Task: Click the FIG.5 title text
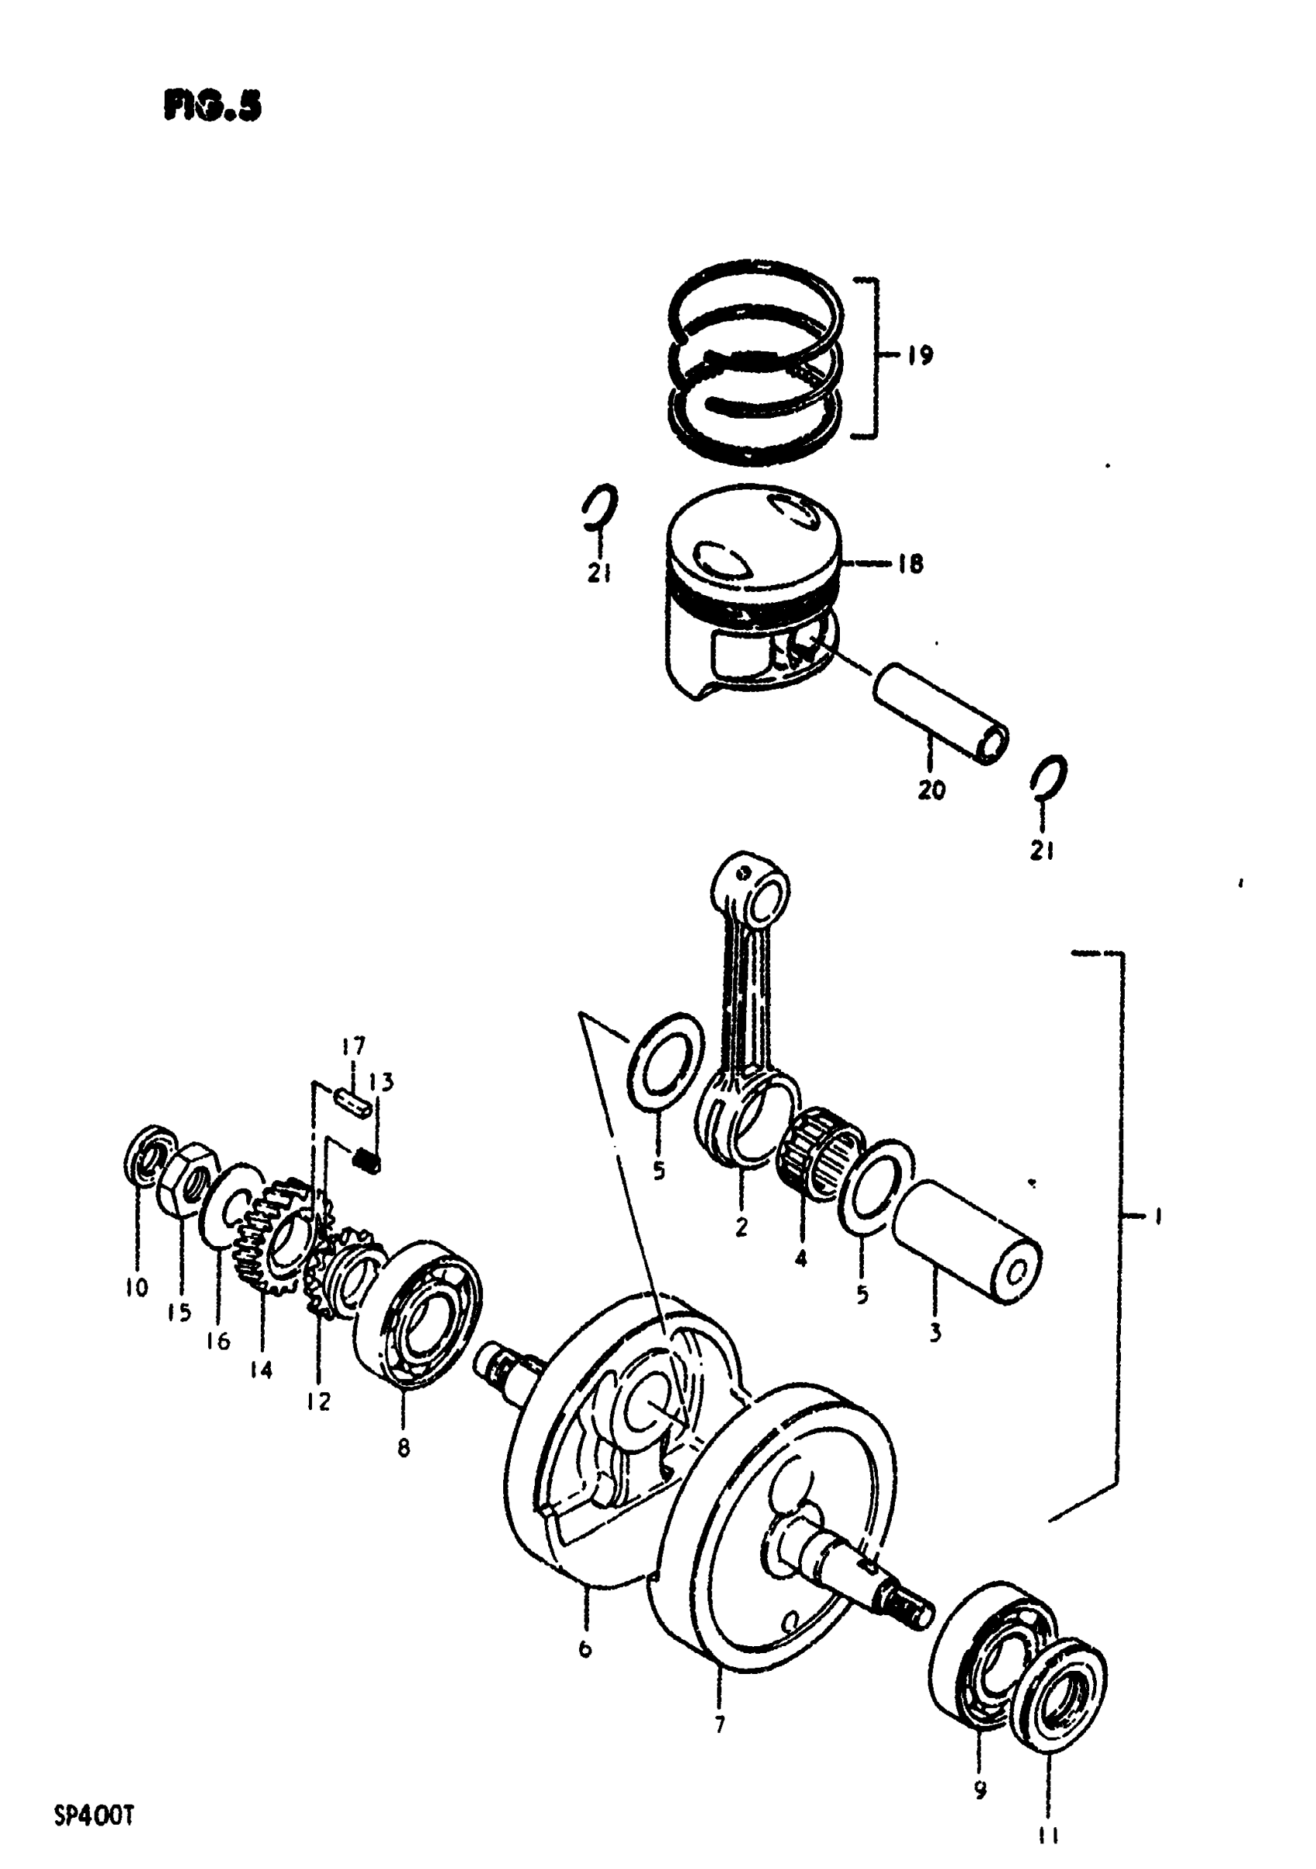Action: pos(213,106)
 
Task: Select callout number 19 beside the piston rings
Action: pos(920,356)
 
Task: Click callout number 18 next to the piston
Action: pos(910,563)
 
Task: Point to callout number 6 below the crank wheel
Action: pos(584,1650)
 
